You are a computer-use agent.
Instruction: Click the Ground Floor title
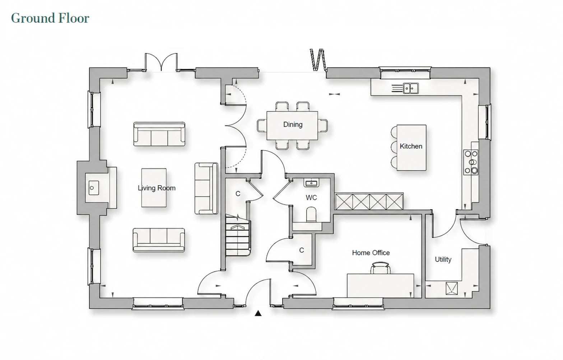click(x=50, y=18)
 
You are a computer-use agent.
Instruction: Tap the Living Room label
click(x=157, y=188)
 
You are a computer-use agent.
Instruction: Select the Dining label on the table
click(x=293, y=124)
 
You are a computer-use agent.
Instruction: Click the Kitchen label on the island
click(x=411, y=146)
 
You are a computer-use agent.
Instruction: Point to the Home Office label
click(x=371, y=253)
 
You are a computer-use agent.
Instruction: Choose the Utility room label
click(x=443, y=259)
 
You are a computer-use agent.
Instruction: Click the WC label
click(x=311, y=198)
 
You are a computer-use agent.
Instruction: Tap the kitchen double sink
click(x=411, y=88)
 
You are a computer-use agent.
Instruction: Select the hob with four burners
click(x=471, y=162)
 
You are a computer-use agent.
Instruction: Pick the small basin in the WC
click(x=311, y=183)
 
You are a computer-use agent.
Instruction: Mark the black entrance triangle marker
click(x=258, y=313)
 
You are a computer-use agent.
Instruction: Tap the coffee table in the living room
click(x=154, y=188)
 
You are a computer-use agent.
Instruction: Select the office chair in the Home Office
click(x=380, y=268)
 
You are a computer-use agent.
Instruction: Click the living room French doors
click(x=161, y=62)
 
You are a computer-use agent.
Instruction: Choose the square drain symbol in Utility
click(x=452, y=288)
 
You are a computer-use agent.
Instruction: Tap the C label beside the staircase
click(x=238, y=194)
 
